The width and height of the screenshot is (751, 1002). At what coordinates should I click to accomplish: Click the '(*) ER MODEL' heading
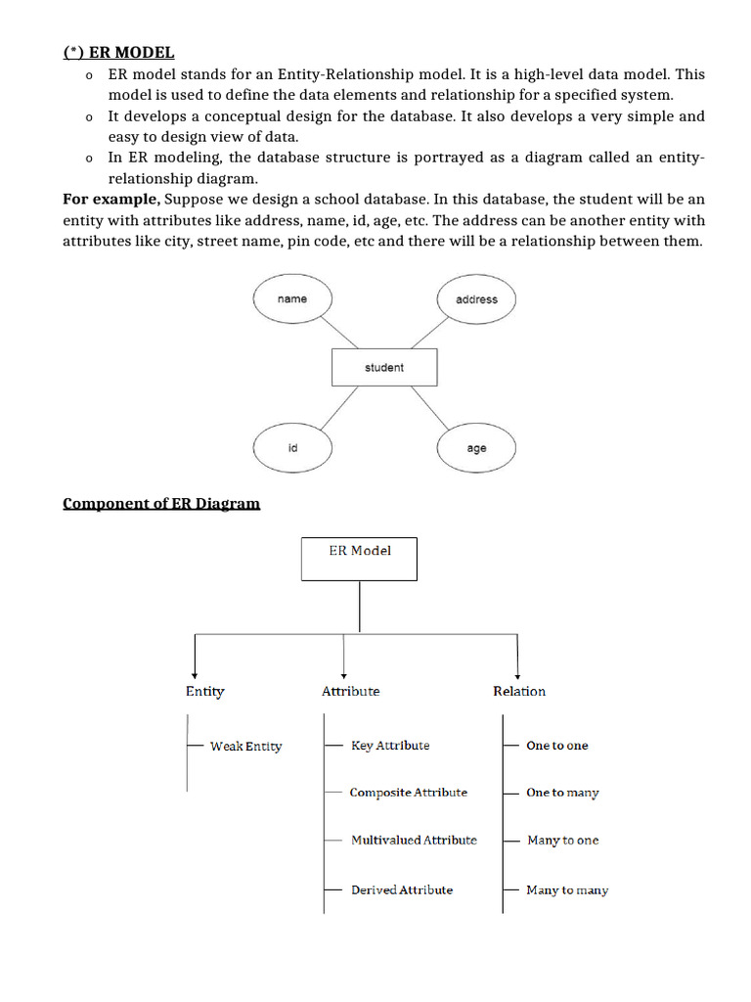(x=118, y=52)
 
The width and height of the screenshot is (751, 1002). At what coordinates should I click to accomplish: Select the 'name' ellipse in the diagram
(x=291, y=299)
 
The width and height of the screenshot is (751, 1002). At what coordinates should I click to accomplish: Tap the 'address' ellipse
(x=476, y=299)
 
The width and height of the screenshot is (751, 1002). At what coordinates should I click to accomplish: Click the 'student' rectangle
(x=384, y=368)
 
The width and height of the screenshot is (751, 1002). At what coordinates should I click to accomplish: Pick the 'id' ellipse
(x=291, y=448)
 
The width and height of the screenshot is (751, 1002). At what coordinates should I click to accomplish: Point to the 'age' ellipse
(x=476, y=448)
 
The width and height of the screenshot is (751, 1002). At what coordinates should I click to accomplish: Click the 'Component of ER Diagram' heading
(x=161, y=503)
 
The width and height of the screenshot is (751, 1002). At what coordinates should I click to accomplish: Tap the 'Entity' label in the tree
(x=204, y=691)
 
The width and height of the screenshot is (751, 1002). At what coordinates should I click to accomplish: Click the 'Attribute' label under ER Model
(x=350, y=691)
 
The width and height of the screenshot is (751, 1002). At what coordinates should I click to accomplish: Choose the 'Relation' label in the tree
(x=519, y=691)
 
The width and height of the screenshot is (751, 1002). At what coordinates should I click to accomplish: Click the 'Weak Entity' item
(x=245, y=746)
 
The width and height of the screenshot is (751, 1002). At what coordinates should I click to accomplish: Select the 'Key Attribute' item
(x=390, y=746)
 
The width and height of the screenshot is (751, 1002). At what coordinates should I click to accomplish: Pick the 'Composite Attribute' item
(x=408, y=793)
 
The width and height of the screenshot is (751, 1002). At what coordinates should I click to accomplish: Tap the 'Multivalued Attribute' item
(x=414, y=840)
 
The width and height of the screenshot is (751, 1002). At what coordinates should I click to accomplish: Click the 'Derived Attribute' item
(x=402, y=889)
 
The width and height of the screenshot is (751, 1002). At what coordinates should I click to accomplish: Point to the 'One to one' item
(x=557, y=746)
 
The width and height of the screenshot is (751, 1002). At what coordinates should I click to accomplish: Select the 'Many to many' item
(x=567, y=889)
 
